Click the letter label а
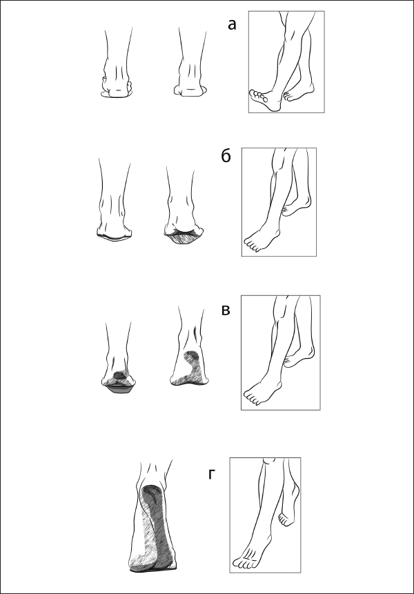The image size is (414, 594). (x=232, y=25)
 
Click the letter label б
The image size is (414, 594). (x=226, y=156)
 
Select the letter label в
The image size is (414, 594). (x=226, y=310)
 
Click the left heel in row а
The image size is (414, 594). (x=117, y=88)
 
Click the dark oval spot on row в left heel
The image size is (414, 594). (x=120, y=375)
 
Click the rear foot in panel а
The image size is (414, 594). (x=299, y=94)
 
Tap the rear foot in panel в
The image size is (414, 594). (x=299, y=357)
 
